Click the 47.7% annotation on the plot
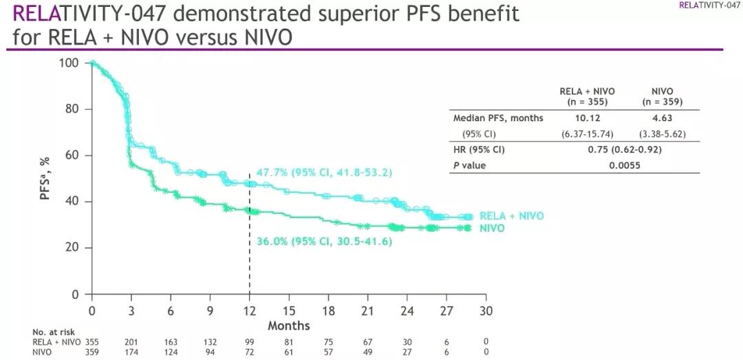pos(315,173)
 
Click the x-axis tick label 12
pos(249,310)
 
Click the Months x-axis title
pos(289,326)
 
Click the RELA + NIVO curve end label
pos(511,216)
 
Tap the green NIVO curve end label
pos(493,228)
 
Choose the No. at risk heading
pos(52,332)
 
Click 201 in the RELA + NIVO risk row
pos(131,341)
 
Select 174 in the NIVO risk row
pos(131,352)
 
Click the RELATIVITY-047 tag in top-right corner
pos(709,5)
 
